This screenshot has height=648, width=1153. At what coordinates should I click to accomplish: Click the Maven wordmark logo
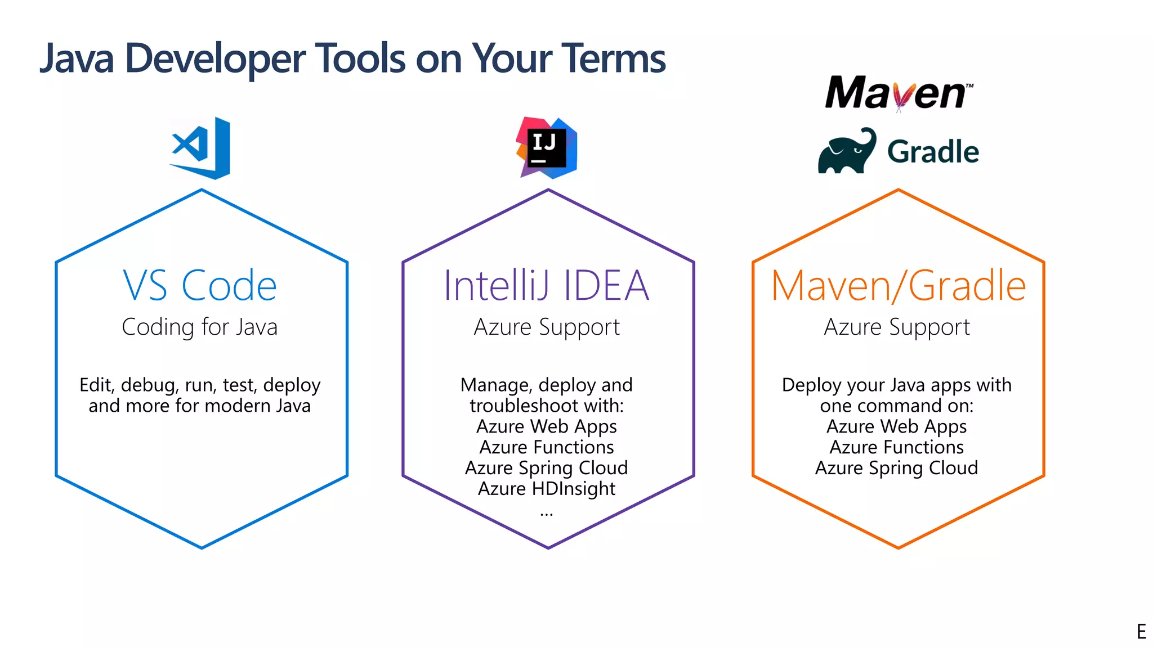tap(898, 93)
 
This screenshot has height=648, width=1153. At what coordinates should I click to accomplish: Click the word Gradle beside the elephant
tap(933, 152)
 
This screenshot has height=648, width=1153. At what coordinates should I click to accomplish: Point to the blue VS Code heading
tap(200, 286)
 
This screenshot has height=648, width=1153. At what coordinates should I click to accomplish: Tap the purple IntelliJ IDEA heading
tap(546, 286)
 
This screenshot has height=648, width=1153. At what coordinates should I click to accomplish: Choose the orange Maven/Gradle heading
tap(898, 286)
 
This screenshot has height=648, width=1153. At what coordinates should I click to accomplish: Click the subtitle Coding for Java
tap(200, 327)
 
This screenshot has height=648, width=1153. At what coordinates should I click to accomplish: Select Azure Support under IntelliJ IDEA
tap(547, 327)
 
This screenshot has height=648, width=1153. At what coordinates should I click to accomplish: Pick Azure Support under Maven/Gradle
tap(897, 327)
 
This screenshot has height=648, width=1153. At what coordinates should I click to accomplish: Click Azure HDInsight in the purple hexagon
tap(547, 489)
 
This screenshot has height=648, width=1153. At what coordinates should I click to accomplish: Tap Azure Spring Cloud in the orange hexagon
tap(897, 468)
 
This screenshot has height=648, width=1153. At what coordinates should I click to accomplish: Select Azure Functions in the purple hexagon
tap(547, 447)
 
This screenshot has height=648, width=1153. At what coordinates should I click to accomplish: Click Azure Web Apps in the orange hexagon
tap(897, 426)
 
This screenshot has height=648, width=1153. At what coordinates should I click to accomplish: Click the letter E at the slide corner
tap(1141, 632)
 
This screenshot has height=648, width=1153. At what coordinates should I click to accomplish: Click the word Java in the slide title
tap(77, 58)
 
